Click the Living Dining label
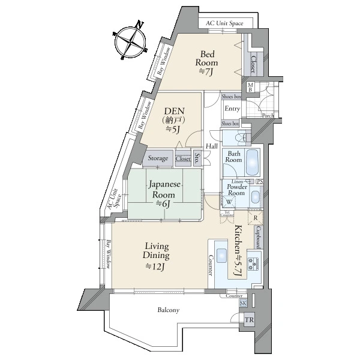pyautogui.click(x=155, y=256)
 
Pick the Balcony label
pyautogui.click(x=169, y=310)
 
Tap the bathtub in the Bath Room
pyautogui.click(x=253, y=161)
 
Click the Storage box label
pyautogui.click(x=158, y=158)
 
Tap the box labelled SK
pyautogui.click(x=243, y=303)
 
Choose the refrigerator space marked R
pyautogui.click(x=256, y=217)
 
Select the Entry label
pyautogui.click(x=232, y=109)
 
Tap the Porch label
pyautogui.click(x=268, y=116)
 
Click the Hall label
pyautogui.click(x=212, y=146)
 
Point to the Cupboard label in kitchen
pyautogui.click(x=257, y=236)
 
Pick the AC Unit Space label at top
pyautogui.click(x=225, y=23)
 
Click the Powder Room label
pyautogui.click(x=236, y=190)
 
